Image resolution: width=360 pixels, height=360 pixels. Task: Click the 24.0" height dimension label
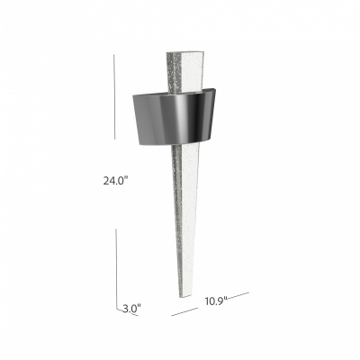(x=115, y=181)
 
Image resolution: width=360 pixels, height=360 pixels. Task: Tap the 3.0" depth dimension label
(x=131, y=308)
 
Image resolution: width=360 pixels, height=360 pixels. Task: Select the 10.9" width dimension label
(x=216, y=301)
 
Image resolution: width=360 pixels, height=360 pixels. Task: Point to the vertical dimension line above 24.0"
(x=114, y=96)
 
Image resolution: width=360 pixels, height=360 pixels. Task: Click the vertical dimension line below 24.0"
(x=116, y=268)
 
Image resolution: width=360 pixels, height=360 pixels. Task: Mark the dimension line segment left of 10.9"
(x=184, y=311)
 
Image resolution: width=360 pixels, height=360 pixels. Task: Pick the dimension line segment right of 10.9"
(x=238, y=295)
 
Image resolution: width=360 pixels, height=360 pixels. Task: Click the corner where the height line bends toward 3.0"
(x=117, y=308)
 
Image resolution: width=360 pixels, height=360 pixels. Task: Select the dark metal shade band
(x=174, y=118)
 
